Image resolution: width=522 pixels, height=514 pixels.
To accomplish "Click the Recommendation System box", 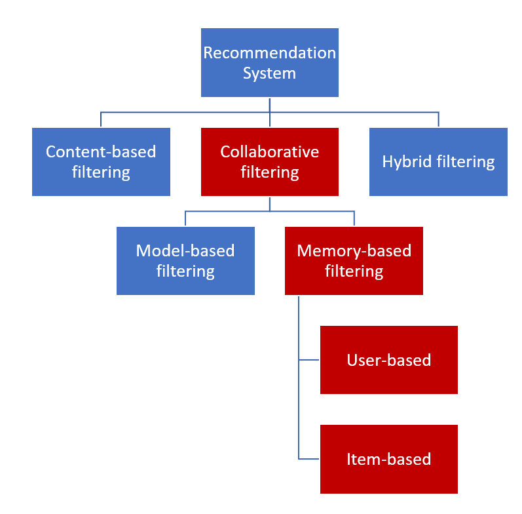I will tap(269, 62).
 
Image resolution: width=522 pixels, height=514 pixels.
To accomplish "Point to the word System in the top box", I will tap(269, 73).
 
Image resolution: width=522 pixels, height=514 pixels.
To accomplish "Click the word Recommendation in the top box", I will tap(269, 52).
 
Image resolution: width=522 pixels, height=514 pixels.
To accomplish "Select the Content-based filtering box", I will tap(101, 162).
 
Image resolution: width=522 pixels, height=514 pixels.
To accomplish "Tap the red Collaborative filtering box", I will tap(269, 162).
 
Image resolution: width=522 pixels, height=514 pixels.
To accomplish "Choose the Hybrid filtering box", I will tap(438, 162).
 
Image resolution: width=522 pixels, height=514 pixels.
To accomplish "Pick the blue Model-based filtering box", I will tap(185, 260).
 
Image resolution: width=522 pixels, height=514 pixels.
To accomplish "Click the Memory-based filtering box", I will tap(354, 260).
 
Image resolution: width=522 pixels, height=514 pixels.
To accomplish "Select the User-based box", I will tap(388, 360).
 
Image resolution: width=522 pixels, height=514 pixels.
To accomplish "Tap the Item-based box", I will tap(388, 459).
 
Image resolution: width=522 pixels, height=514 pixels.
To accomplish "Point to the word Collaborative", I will tap(269, 152).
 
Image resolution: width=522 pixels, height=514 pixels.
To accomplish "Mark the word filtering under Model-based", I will tap(185, 271).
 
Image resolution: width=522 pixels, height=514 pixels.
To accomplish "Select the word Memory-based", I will tap(354, 250).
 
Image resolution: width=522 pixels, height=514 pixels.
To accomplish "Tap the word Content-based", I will tap(101, 152).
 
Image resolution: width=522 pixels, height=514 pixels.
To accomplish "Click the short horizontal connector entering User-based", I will tap(309, 360).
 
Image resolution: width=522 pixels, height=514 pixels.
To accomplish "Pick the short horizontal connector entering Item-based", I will tap(309, 459).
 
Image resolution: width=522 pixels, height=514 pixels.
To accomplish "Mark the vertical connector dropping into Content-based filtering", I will tap(101, 119).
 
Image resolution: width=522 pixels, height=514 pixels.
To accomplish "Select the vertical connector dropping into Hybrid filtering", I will tap(438, 119).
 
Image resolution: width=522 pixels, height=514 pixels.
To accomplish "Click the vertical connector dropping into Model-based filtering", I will tap(185, 218).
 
